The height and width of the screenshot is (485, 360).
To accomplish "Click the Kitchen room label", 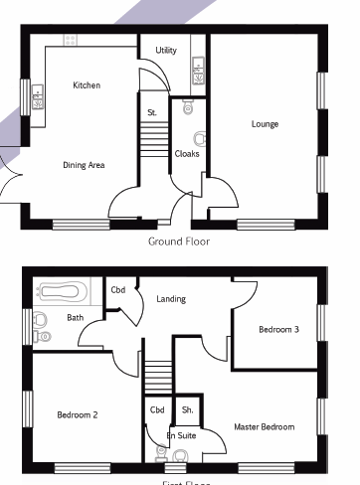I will (87, 85).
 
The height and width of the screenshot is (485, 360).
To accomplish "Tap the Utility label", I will (166, 50).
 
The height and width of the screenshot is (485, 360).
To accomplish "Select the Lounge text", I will (265, 124).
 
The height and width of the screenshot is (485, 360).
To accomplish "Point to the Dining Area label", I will (84, 165).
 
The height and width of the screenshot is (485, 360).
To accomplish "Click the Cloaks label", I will (186, 154).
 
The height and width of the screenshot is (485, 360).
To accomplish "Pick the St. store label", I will (152, 113).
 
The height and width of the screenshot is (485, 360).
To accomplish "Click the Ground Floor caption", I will (179, 241).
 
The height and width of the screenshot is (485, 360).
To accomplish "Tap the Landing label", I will (171, 298).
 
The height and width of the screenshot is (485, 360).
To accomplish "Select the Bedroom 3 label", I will (278, 329).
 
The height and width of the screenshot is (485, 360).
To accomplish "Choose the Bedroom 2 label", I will (77, 414).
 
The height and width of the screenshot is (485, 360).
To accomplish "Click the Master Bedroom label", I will (264, 426).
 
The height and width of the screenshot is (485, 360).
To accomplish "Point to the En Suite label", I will (181, 435).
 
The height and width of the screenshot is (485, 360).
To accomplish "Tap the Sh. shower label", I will (186, 409).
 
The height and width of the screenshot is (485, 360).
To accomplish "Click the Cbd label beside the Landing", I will (118, 290).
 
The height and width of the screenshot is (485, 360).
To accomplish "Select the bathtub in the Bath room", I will (62, 292).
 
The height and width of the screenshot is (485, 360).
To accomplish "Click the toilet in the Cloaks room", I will (197, 138).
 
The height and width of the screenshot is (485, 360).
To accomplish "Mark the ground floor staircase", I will (153, 144).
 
